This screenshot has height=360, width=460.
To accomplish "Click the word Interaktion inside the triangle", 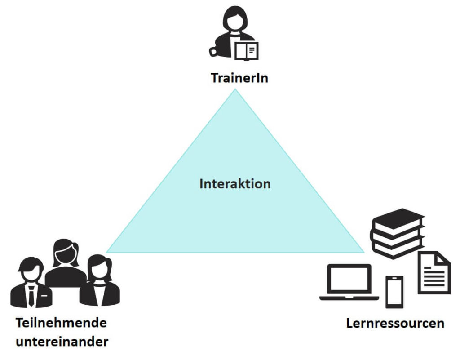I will (235, 184).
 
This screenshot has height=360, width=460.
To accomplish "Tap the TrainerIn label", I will (239, 78).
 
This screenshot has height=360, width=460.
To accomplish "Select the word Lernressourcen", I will (395, 323).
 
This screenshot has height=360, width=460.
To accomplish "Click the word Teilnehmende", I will (62, 323).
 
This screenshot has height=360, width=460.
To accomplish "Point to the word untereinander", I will (62, 342).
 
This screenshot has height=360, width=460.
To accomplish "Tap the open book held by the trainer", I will (247, 50).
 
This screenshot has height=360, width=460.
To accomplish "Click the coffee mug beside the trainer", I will (216, 51).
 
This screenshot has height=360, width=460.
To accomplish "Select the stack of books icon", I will (397, 233).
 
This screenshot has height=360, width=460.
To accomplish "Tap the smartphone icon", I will (394, 292).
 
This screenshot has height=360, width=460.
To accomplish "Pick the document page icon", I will (434, 273).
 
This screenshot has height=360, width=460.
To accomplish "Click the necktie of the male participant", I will (31, 296).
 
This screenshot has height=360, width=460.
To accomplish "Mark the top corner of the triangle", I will (234, 89).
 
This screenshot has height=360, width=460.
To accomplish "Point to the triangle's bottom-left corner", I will (107, 252).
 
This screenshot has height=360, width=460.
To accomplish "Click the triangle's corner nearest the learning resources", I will (363, 252).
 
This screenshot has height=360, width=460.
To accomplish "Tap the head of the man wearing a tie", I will (29, 271).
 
